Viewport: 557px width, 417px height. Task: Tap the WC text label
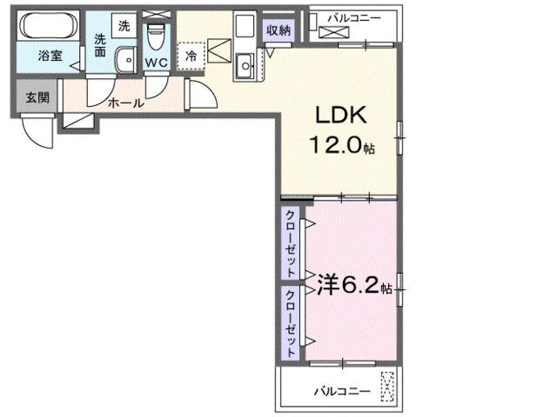tap(157, 63)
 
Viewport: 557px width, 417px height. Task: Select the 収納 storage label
tap(279, 30)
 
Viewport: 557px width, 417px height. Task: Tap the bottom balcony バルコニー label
tap(342, 392)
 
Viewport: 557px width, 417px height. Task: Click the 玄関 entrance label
tap(37, 97)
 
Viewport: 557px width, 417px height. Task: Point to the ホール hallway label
tap(125, 103)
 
